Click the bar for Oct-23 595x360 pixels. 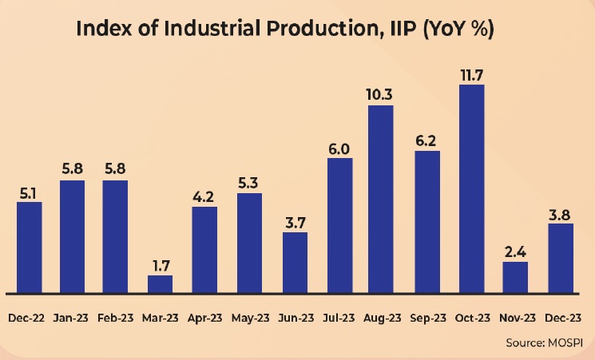[x=472, y=188]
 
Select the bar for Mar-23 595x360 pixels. [x=160, y=284]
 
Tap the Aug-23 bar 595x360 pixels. [x=380, y=199]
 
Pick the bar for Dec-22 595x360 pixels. [x=29, y=247]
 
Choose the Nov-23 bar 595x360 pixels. [x=515, y=277]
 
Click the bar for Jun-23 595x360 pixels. [x=296, y=263]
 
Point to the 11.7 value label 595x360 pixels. [x=472, y=74]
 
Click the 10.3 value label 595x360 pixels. [x=380, y=95]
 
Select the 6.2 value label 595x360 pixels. [x=427, y=140]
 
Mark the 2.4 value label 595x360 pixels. [x=515, y=251]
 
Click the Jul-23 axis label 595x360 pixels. [x=339, y=317]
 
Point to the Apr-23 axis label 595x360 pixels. [x=204, y=317]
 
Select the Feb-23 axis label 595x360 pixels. [x=115, y=317]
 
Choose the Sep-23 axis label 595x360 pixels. [x=427, y=317]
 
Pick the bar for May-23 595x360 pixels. [x=250, y=243]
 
